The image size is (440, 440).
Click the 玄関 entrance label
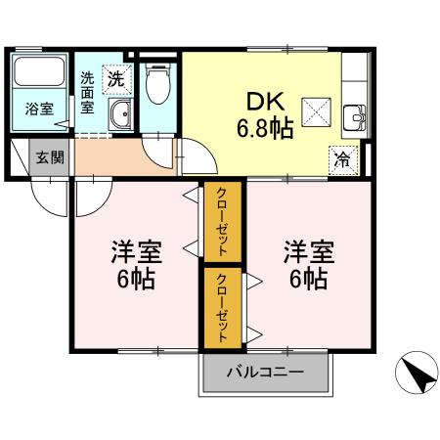pyautogui.click(x=49, y=156)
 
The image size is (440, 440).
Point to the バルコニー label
pyautogui.click(x=266, y=372)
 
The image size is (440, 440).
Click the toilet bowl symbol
pyautogui.click(x=156, y=87)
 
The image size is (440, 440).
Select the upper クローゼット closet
pyautogui.click(x=222, y=223)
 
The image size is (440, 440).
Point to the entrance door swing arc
pyautogui.click(x=49, y=197)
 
